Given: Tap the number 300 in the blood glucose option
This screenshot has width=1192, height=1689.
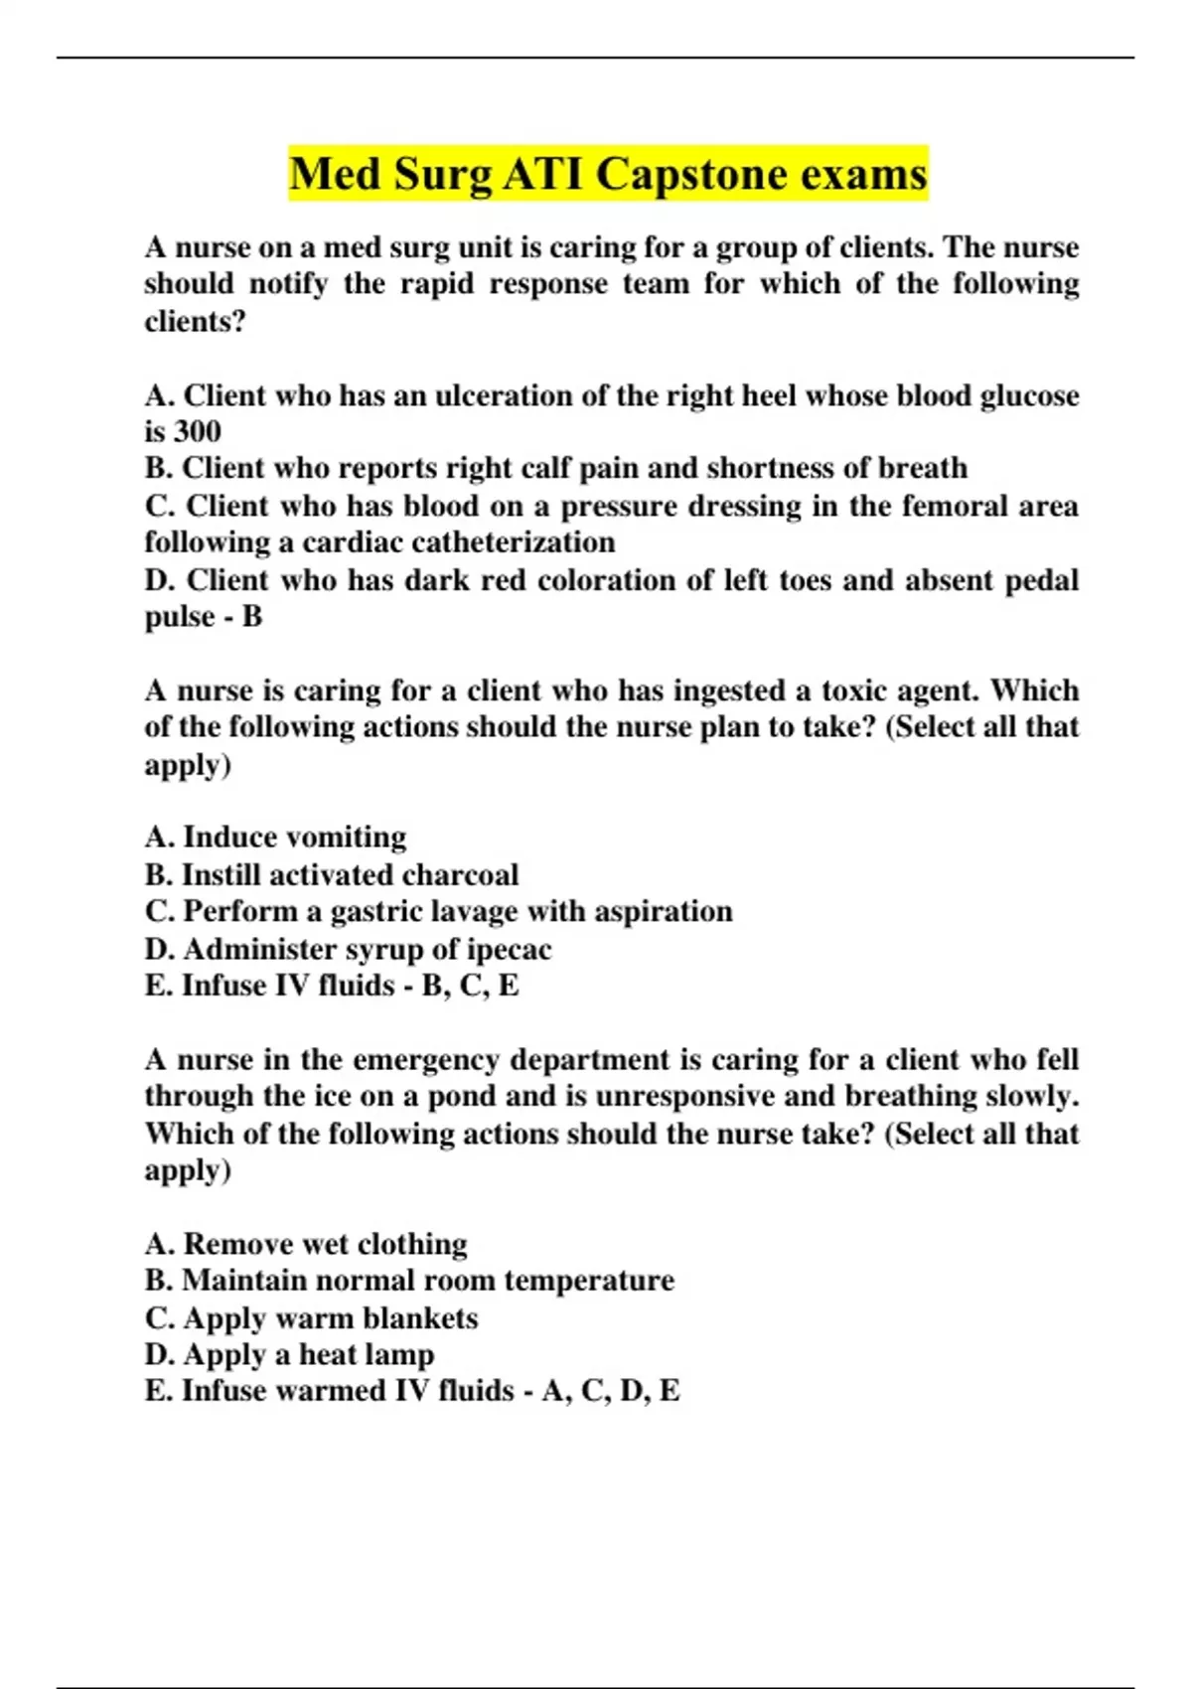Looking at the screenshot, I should (197, 432).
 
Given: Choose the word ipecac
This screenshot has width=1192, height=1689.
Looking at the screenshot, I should (509, 950).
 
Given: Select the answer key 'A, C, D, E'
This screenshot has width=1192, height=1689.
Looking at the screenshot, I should (611, 1391).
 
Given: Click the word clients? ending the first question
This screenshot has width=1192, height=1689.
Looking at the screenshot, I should (195, 322).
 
